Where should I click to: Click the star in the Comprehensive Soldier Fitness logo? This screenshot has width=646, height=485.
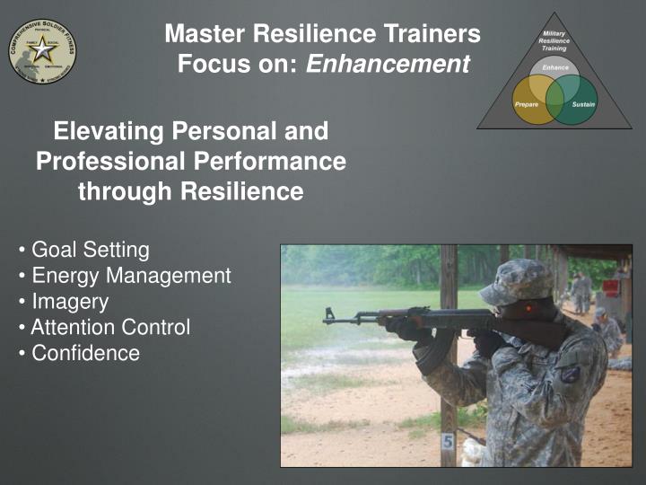coord(42,50)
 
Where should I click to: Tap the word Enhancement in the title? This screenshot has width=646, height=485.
coord(388,65)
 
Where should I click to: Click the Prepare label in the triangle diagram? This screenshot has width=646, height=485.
coord(527,105)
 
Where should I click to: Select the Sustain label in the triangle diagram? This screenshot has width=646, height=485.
coord(584,105)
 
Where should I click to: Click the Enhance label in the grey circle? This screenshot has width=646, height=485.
coord(554,67)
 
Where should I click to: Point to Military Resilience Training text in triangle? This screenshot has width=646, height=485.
coord(554,40)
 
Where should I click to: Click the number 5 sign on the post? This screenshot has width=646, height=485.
coord(448,442)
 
